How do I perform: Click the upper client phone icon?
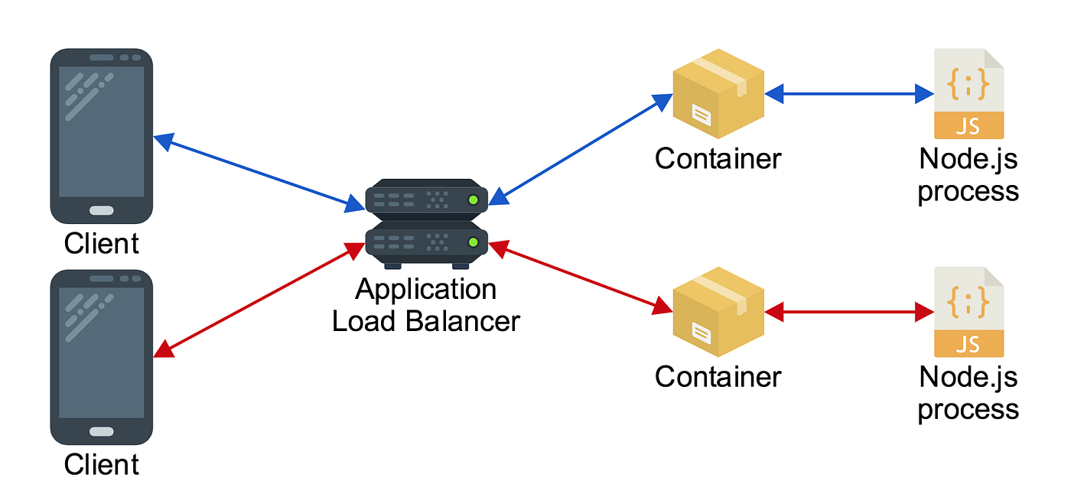coord(101,135)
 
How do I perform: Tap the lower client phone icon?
coord(101,356)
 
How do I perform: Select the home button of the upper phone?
coord(101,210)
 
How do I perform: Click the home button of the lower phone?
coord(101,431)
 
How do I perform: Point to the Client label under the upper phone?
coord(101,244)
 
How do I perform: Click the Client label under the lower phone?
coord(101,464)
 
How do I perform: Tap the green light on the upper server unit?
coord(473,200)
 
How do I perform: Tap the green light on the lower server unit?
coord(473,242)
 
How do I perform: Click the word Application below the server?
coord(425,291)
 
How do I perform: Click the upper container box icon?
coord(718,93)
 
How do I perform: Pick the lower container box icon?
coord(718,311)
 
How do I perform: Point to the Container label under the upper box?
coord(718,159)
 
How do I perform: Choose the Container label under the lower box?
coord(718,377)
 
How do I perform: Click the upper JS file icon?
coord(968,93)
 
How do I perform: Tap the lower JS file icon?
coord(968,311)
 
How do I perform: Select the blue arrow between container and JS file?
coord(849,94)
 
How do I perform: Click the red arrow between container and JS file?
coord(849,312)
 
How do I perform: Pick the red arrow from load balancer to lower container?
coord(580,278)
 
